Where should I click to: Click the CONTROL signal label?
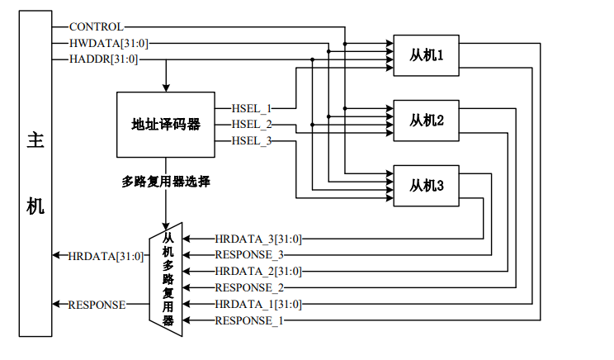96,26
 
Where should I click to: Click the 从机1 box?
427,56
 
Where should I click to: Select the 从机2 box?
427,121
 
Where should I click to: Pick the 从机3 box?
427,186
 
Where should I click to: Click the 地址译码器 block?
166,124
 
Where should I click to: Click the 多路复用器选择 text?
166,181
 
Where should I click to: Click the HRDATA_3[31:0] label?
258,239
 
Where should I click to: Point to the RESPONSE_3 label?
248,254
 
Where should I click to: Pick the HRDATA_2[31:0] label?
258,271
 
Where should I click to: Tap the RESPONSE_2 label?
248,287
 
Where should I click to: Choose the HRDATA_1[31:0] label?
258,304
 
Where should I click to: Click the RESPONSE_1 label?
248,320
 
